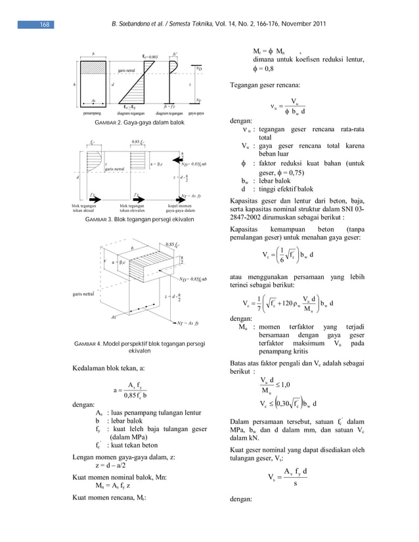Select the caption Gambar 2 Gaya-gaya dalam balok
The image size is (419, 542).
[139, 123]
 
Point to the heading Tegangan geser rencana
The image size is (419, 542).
[265, 85]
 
